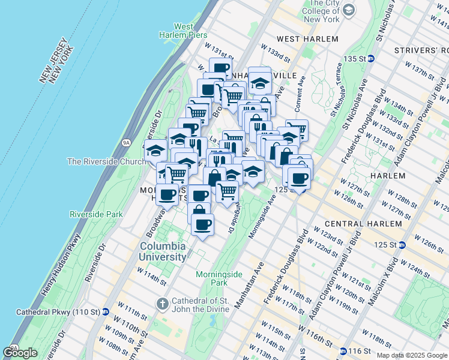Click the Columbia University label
(x=163, y=252)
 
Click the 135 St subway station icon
(x=371, y=59)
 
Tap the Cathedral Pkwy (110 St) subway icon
(x=105, y=312)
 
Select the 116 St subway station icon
(x=343, y=351)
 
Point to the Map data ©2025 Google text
(x=412, y=355)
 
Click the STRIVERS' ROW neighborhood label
(x=420, y=50)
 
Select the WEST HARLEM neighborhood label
(x=308, y=39)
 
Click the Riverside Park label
(x=96, y=214)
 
